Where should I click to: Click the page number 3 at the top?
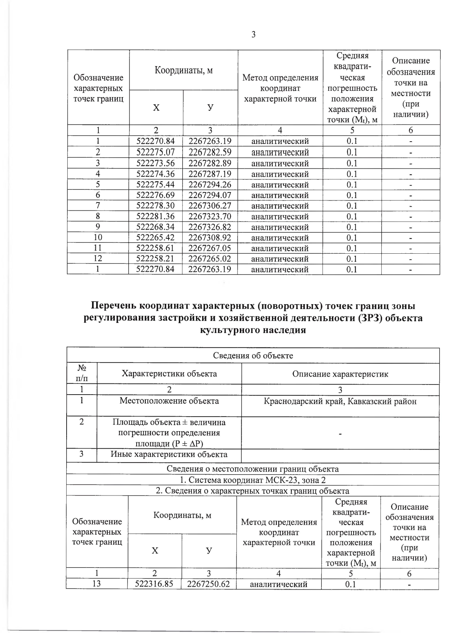[253, 35]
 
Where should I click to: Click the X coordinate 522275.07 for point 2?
[156, 152]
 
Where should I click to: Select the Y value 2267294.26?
[210, 185]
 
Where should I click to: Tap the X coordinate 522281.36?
[156, 216]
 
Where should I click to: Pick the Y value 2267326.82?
[210, 227]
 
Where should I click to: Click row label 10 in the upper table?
[98, 238]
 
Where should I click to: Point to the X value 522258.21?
[156, 259]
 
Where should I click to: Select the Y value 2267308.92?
[210, 238]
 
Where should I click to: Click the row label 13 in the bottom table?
[97, 584]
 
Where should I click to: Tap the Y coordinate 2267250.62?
[208, 584]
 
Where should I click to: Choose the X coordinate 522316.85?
[155, 584]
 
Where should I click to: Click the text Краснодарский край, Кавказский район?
[340, 401]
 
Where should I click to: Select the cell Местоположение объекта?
[169, 401]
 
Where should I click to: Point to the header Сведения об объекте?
[253, 355]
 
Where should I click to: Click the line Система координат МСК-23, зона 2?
[253, 480]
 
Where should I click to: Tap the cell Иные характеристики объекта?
[169, 454]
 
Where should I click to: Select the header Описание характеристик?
[340, 374]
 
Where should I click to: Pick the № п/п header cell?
[82, 374]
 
